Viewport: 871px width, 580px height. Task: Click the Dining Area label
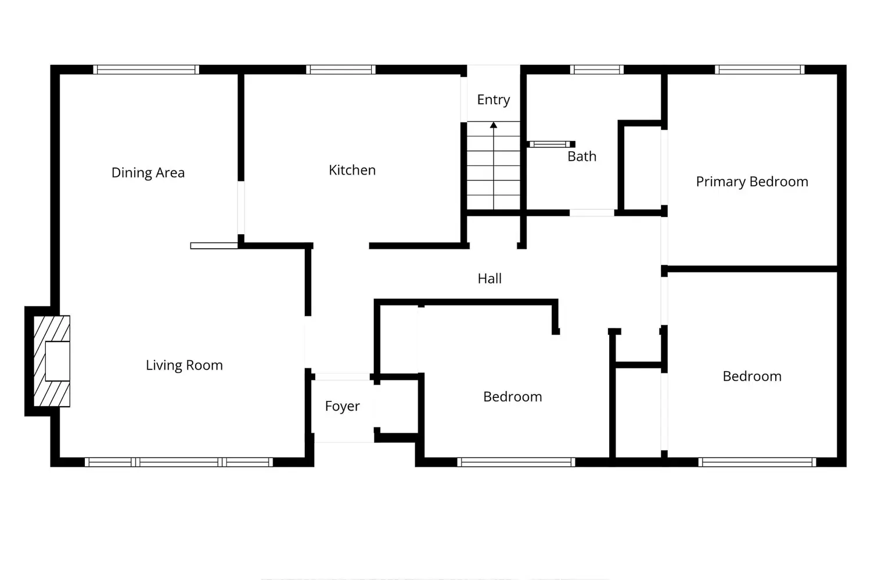click(148, 173)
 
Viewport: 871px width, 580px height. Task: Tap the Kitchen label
click(352, 170)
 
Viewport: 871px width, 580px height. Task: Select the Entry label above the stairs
click(494, 100)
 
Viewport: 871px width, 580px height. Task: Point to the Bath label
click(582, 157)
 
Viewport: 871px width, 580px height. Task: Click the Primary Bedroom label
click(752, 182)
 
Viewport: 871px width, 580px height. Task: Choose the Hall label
click(490, 278)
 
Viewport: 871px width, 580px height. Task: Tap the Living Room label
click(184, 365)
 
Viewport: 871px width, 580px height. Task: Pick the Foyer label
click(342, 406)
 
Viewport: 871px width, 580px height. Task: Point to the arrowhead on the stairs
click(494, 125)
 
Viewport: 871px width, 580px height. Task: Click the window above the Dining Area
click(146, 70)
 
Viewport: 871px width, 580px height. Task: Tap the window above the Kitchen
click(341, 70)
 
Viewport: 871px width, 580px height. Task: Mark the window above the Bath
click(597, 70)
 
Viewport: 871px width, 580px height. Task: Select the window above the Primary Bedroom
click(760, 70)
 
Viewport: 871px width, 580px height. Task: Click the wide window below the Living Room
click(179, 462)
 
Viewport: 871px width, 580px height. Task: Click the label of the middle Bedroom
click(513, 397)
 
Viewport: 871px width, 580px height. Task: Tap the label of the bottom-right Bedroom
click(752, 376)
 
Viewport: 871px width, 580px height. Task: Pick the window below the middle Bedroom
click(516, 462)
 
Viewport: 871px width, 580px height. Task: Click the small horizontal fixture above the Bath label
click(551, 144)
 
